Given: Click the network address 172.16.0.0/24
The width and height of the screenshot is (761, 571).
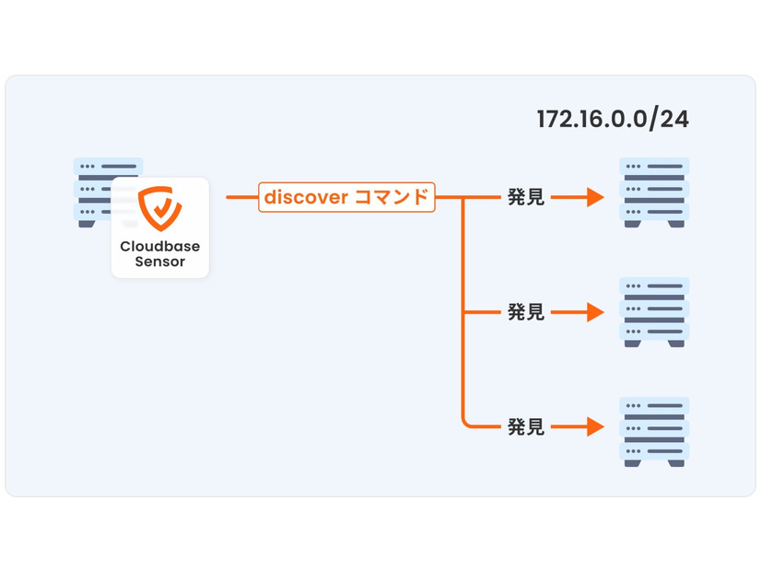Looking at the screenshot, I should point(613,119).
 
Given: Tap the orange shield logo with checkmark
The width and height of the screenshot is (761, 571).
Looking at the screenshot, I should point(159,209).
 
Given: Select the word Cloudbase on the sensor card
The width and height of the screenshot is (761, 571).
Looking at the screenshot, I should point(159,247).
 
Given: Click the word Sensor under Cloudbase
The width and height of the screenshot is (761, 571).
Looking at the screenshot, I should point(159,262).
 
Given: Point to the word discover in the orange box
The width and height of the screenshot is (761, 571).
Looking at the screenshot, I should point(306,197).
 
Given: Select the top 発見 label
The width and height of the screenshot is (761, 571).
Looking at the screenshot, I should point(525,197).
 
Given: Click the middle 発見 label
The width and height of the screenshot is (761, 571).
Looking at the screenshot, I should point(525,313).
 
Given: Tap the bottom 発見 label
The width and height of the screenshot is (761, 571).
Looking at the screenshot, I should point(525,427).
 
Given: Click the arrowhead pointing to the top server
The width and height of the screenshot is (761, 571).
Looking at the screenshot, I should point(594,197).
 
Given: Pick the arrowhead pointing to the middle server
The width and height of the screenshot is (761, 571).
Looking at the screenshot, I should point(594,313).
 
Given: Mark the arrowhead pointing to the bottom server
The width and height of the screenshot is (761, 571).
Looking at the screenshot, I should point(594,427).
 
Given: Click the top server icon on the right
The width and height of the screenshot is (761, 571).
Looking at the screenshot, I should point(654,192).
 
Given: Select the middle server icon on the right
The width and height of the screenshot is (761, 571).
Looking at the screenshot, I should point(654,311).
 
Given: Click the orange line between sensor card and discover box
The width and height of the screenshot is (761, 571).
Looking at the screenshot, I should point(241,197).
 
